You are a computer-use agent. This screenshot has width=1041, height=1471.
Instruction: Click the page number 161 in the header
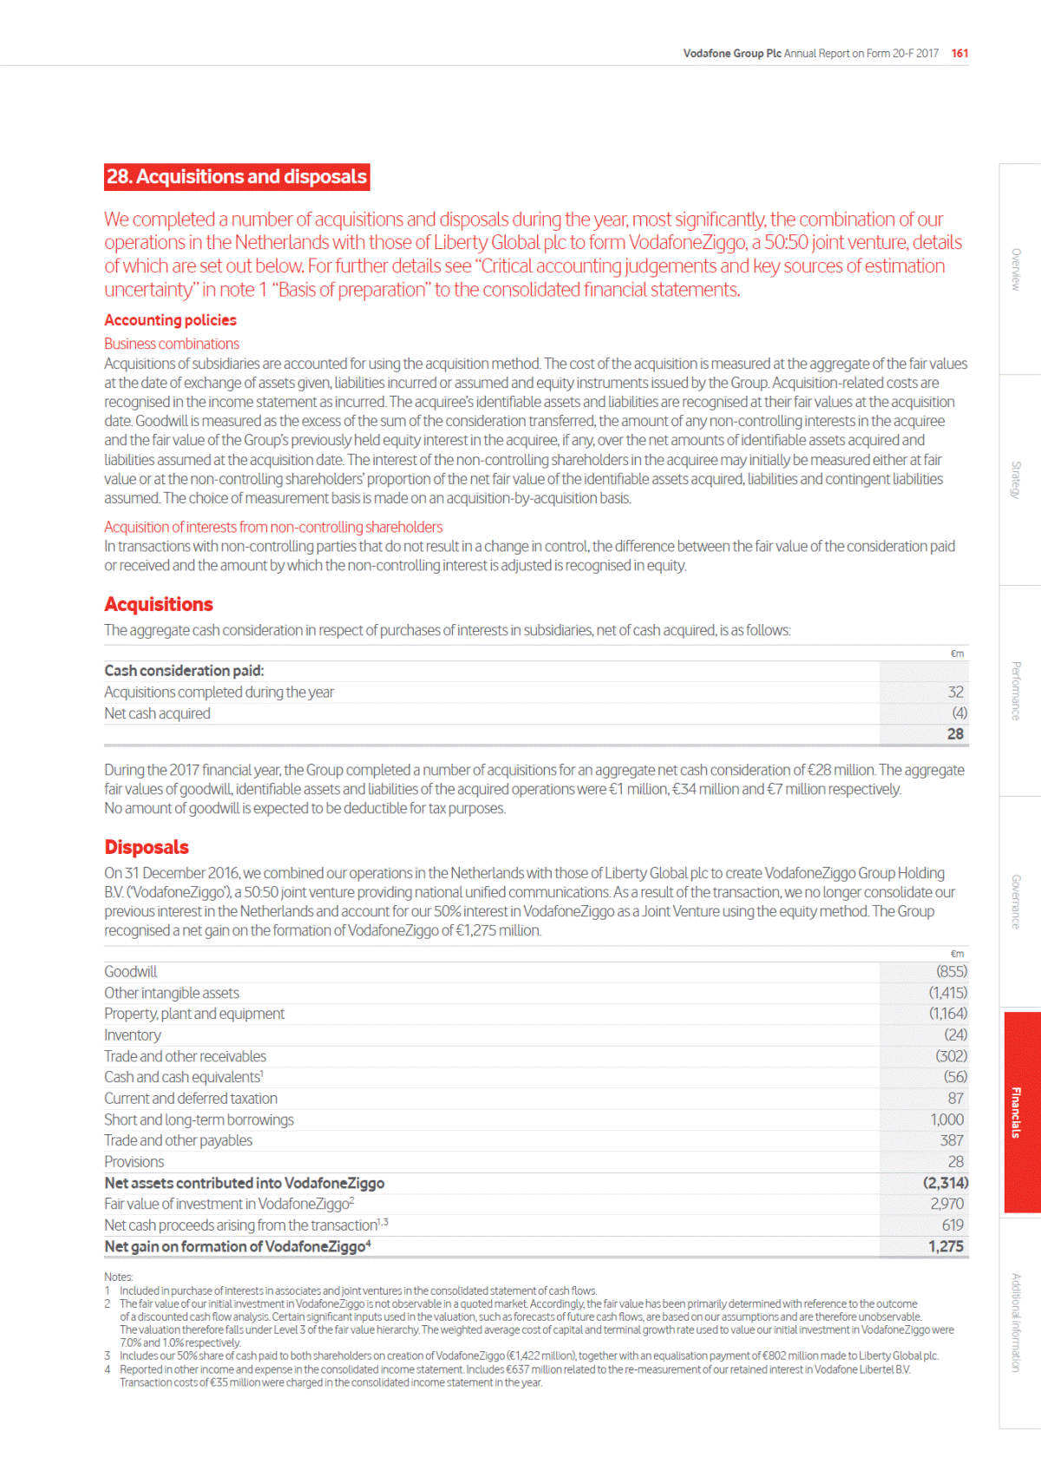(x=959, y=53)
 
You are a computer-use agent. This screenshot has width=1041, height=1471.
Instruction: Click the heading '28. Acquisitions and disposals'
(x=236, y=177)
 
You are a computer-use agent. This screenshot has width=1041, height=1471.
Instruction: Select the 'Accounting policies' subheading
(x=170, y=320)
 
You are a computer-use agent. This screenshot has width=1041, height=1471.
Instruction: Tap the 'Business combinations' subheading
(x=172, y=344)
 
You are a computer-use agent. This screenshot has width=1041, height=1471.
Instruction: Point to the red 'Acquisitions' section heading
(x=159, y=604)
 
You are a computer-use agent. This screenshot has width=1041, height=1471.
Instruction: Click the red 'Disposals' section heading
(x=147, y=847)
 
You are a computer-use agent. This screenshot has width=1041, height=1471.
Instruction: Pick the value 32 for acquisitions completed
(x=955, y=692)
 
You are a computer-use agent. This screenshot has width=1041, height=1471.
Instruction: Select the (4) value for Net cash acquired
(x=959, y=713)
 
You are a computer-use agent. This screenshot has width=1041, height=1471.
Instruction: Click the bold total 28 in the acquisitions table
(x=955, y=734)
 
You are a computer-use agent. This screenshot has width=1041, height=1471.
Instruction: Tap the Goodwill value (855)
(x=951, y=971)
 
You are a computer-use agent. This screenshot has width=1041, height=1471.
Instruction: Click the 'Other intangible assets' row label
(x=172, y=993)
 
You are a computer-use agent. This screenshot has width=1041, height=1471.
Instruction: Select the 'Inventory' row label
(x=133, y=1034)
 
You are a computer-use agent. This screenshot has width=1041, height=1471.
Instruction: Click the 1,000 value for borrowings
(x=946, y=1120)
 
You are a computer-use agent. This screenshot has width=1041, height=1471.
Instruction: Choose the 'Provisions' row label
(x=134, y=1161)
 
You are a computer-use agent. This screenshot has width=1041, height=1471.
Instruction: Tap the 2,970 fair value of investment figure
(x=946, y=1204)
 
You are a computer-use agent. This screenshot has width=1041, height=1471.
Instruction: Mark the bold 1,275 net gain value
(x=946, y=1246)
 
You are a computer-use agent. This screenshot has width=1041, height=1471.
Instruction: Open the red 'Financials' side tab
(x=1021, y=1112)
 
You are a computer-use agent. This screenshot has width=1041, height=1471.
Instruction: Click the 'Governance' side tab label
(x=1016, y=902)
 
